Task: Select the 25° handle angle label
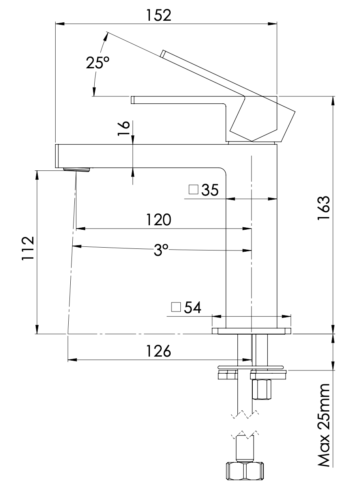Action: tap(98, 63)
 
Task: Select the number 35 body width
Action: tap(209, 190)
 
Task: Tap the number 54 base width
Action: tap(193, 308)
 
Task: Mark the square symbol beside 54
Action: tap(176, 307)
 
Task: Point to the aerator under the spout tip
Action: tap(76, 169)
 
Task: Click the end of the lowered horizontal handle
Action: tap(132, 100)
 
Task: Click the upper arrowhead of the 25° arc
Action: tap(106, 36)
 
